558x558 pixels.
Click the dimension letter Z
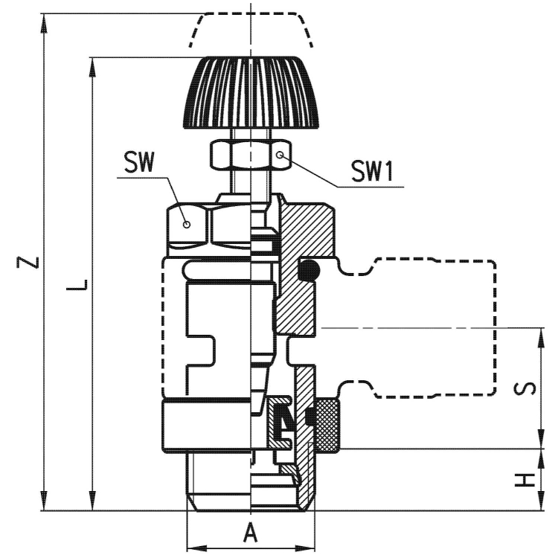[28, 263]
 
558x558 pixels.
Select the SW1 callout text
[371, 173]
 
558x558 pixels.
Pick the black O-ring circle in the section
[310, 271]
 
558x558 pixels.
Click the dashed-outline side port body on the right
[432, 327]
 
